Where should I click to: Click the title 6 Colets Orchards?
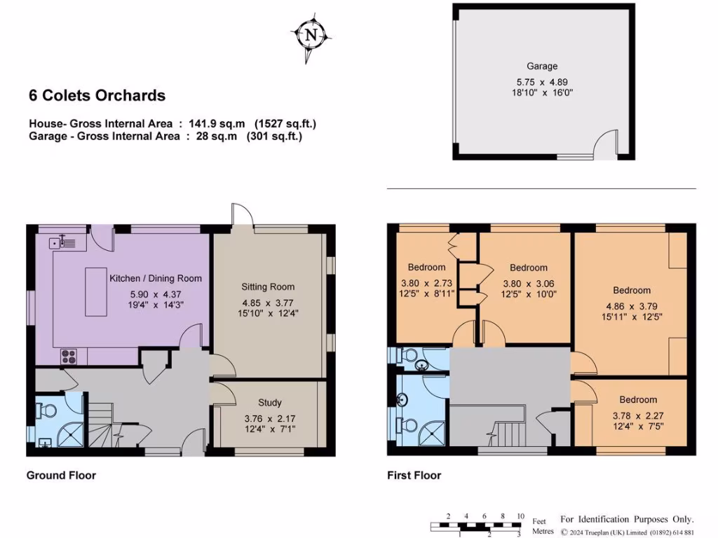(x=97, y=96)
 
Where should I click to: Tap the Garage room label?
(x=542, y=66)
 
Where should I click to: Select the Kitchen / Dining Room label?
(x=155, y=278)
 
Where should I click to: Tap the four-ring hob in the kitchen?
(x=70, y=355)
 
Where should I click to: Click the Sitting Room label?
(x=268, y=287)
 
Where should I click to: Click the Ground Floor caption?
(x=61, y=476)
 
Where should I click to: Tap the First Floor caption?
(x=414, y=476)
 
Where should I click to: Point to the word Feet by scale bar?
(x=539, y=521)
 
